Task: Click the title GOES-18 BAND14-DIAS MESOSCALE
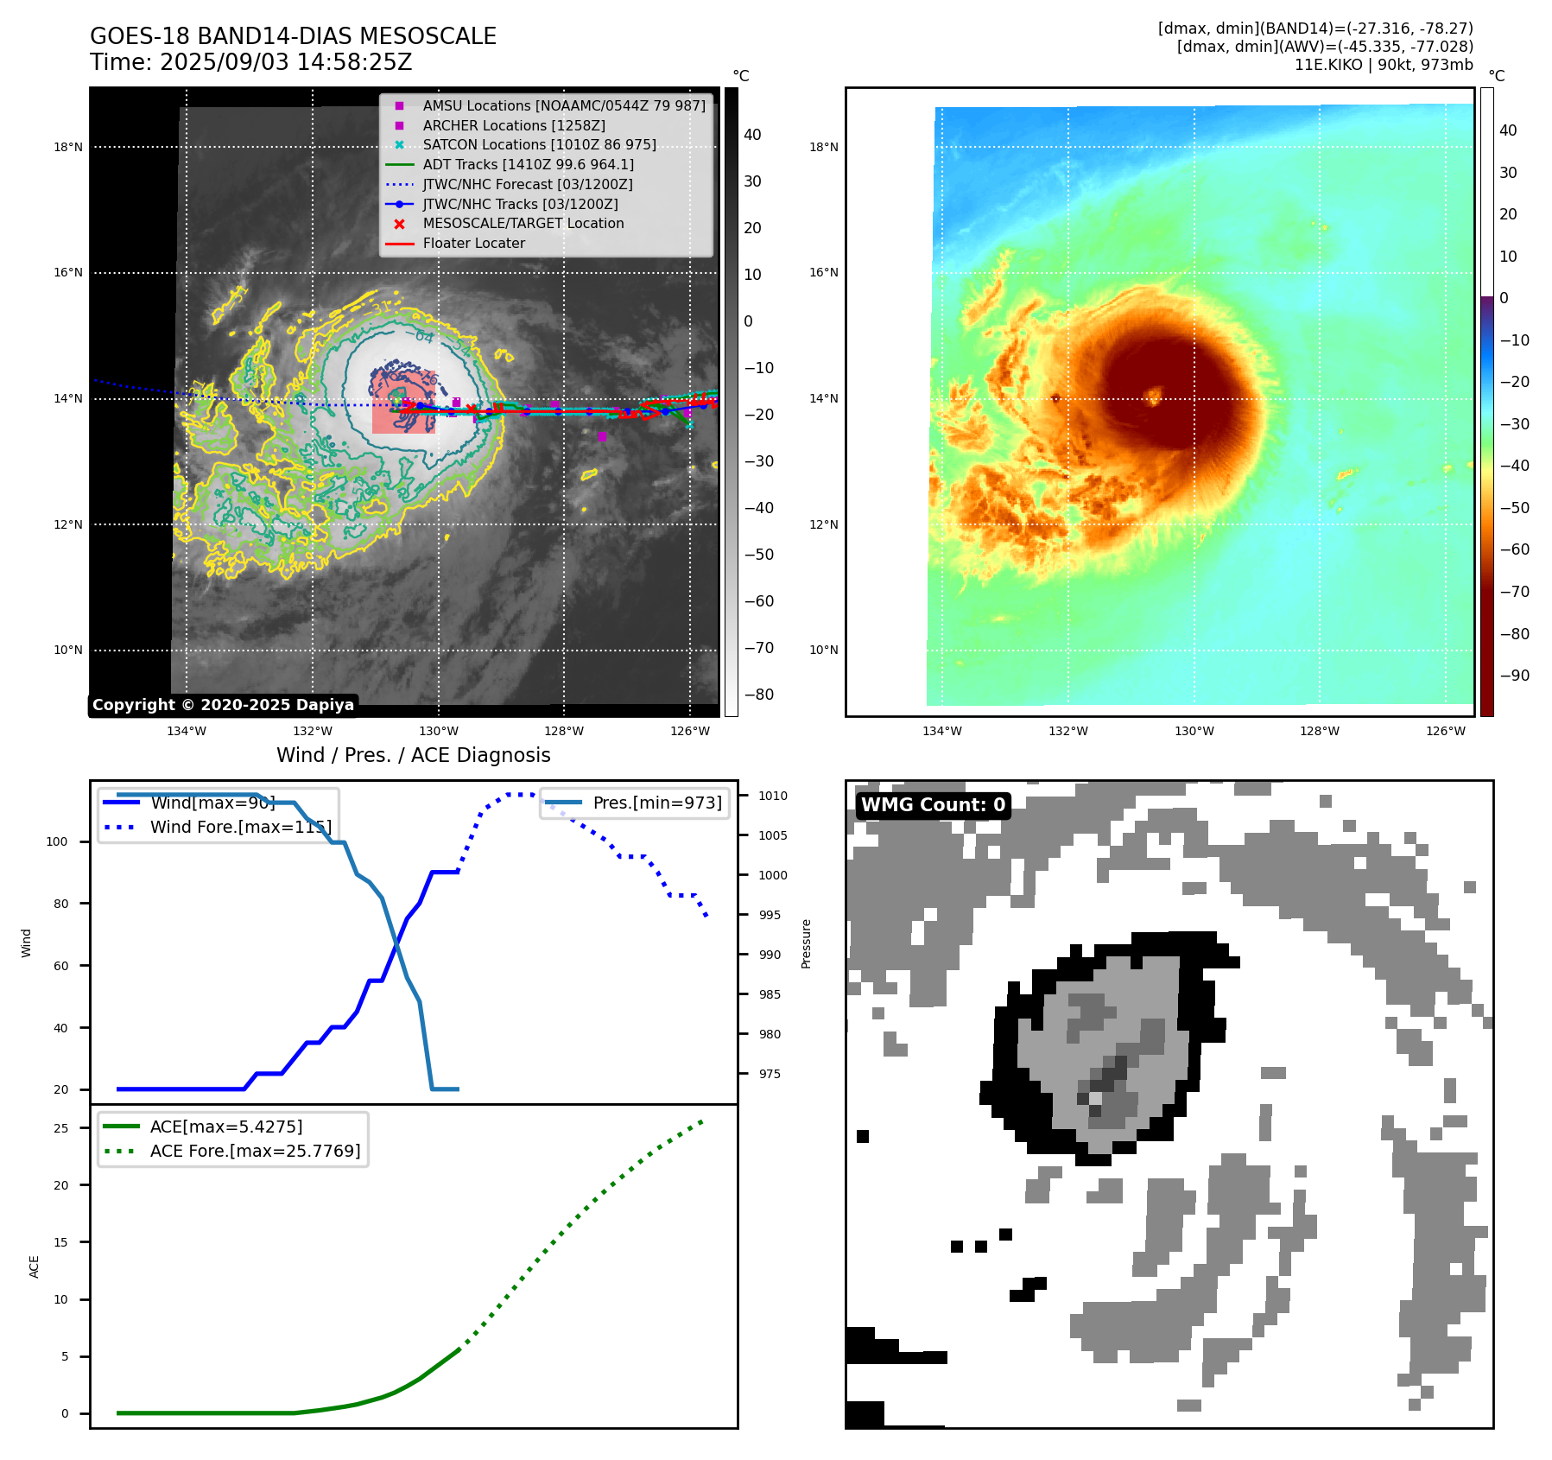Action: coord(293,36)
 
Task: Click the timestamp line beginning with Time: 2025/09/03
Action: coord(250,63)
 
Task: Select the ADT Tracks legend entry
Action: coord(528,164)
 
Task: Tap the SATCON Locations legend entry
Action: coord(539,144)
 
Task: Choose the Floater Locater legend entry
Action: coord(473,244)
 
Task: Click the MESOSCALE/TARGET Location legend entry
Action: coord(523,224)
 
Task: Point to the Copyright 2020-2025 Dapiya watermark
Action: coord(223,705)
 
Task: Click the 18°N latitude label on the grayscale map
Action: coord(68,147)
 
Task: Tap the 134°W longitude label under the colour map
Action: coord(941,731)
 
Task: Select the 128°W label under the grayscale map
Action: coord(564,731)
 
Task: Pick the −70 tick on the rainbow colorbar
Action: coord(1514,592)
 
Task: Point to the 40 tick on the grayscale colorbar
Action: coord(752,135)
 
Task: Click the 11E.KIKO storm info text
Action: coord(1384,65)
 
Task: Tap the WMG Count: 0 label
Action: coord(933,805)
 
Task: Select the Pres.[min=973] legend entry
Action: coord(656,803)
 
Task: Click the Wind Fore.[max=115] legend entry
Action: coord(240,827)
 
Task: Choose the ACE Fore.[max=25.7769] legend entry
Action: coord(255,1151)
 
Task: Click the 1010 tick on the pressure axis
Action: coord(773,796)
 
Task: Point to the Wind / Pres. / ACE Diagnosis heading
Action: coord(413,755)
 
